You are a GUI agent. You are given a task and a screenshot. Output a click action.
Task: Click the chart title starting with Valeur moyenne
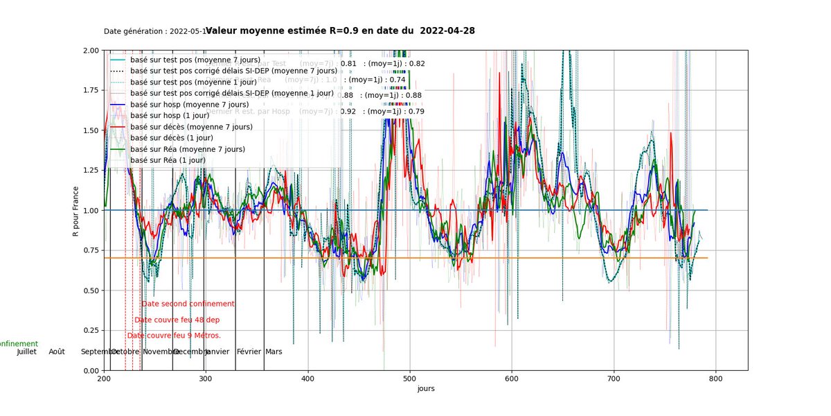340,31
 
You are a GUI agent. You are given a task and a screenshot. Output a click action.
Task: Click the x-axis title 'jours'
426,389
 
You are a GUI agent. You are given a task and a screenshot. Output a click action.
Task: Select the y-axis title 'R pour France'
76,210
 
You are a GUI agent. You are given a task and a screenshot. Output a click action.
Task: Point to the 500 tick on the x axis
410,379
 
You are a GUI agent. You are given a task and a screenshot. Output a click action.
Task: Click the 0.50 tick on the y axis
91,291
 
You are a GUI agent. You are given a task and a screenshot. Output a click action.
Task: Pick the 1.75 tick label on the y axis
91,90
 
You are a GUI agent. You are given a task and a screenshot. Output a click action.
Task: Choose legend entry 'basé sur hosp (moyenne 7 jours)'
190,104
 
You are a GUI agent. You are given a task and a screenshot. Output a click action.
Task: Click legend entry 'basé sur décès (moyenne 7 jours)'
191,127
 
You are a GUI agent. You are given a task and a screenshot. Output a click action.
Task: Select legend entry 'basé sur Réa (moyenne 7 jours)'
188,149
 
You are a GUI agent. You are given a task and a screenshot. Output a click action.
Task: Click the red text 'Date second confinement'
188,304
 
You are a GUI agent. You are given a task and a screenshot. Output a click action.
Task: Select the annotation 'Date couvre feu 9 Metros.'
174,336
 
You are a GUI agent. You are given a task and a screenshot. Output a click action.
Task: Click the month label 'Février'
249,352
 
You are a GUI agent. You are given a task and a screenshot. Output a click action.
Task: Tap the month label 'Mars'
274,352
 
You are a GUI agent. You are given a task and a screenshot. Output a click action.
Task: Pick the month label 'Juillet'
26,352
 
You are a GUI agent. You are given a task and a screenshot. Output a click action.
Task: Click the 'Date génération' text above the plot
154,32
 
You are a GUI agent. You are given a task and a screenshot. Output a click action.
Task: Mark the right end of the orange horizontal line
708,258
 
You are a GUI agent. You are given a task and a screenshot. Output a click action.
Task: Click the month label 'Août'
57,352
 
